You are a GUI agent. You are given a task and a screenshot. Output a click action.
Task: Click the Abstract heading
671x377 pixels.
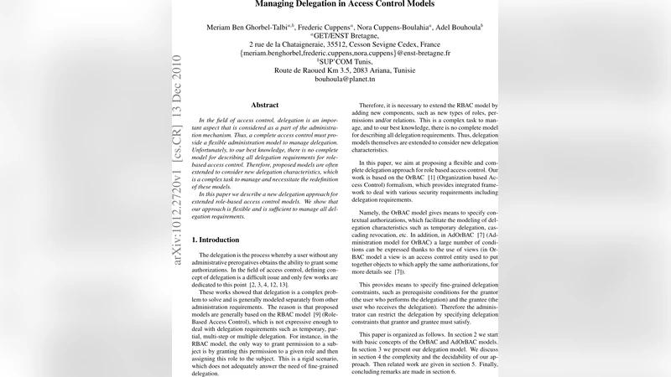[265, 105]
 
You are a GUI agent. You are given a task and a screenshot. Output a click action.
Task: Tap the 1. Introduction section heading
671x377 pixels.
[216, 240]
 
